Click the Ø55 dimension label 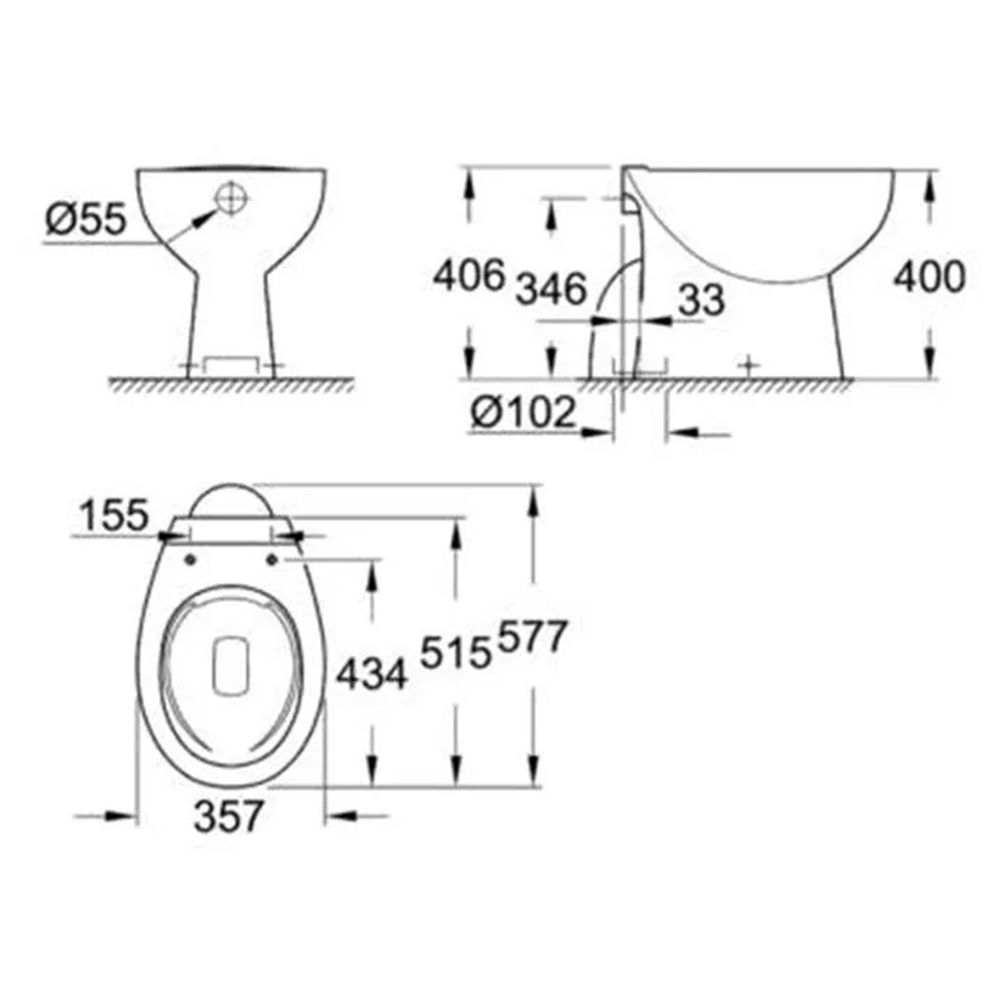86,219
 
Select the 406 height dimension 469,275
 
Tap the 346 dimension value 551,289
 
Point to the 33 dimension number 701,299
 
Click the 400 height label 929,277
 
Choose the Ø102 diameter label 523,412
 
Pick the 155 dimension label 113,514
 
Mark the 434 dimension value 372,676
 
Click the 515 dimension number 455,652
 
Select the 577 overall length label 533,637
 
